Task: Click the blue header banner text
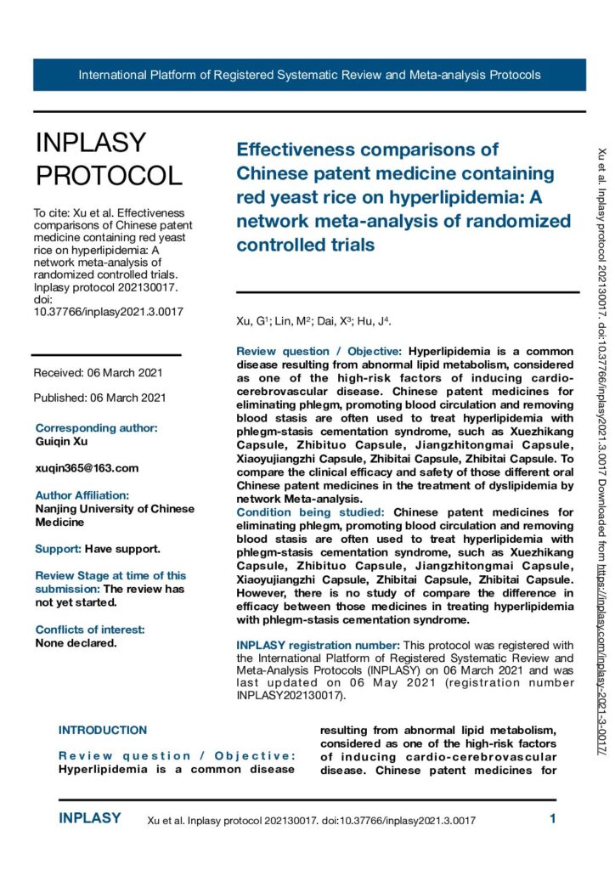309,75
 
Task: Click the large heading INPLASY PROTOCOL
108,159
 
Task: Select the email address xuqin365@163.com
86,468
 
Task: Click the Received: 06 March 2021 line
99,373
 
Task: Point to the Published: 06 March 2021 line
99,398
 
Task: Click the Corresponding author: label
96,428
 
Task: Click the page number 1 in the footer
553,820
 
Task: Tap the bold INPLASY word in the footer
89,819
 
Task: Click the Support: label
58,549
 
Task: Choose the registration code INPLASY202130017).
291,696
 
